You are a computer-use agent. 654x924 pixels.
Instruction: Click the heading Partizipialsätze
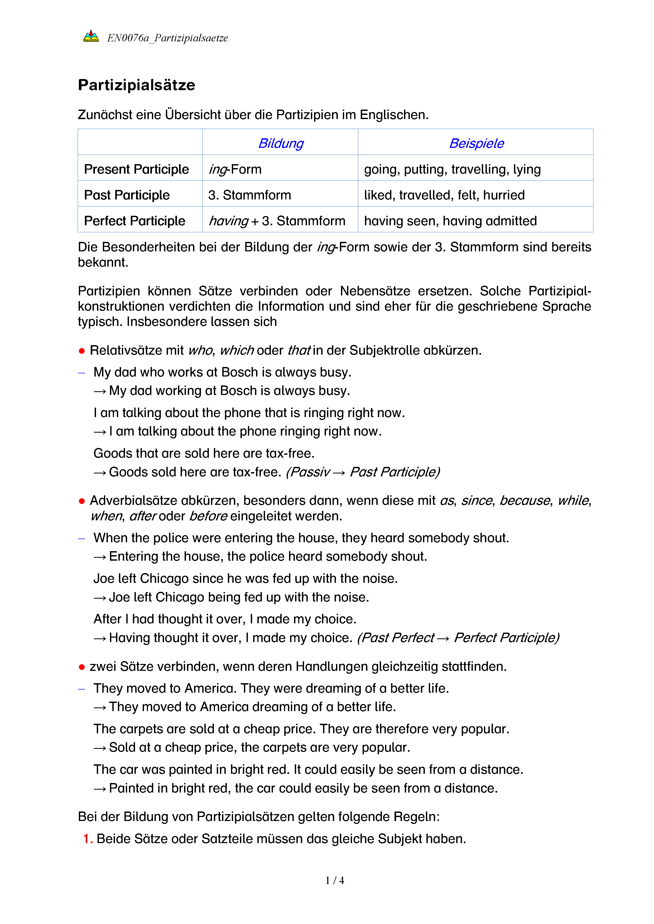click(137, 85)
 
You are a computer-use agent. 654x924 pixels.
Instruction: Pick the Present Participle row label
click(136, 169)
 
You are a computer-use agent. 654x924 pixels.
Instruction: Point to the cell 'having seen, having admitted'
click(450, 221)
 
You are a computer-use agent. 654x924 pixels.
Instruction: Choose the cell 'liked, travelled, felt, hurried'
click(444, 195)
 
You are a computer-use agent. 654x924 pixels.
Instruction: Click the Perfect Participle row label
click(134, 221)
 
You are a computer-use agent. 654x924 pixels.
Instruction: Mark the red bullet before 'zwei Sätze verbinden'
click(82, 667)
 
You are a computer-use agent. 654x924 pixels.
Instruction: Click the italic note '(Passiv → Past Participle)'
click(362, 472)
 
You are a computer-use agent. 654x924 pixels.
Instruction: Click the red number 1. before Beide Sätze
click(87, 839)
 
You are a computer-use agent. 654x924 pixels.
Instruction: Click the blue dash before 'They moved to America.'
click(82, 688)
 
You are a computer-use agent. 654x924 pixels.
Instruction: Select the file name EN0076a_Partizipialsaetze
click(167, 38)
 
